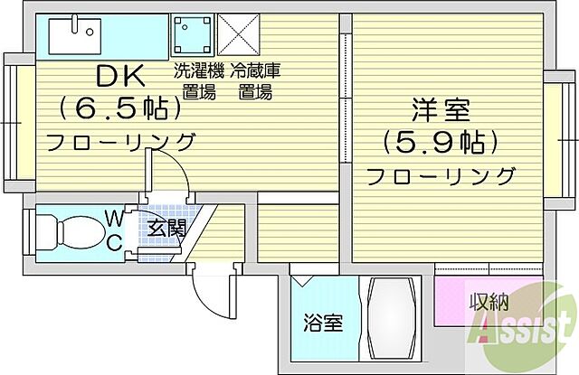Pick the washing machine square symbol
pos(191,37)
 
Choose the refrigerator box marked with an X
pos(239,37)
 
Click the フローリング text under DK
pos(120,141)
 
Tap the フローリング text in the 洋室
pos(441,174)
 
